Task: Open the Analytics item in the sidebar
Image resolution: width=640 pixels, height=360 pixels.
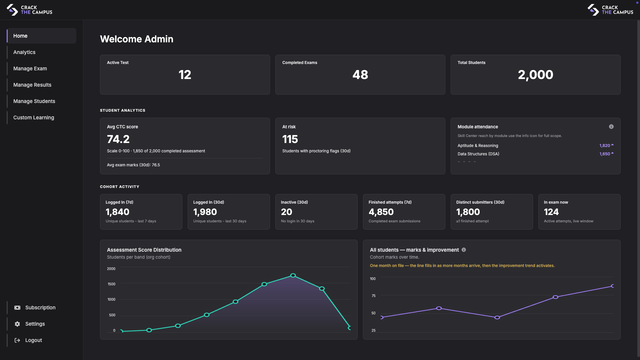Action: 24,52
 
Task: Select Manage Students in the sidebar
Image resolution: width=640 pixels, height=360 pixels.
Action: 34,101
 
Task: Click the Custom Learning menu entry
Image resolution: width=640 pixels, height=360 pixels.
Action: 33,118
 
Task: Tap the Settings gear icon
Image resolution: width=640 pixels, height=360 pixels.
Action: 17,324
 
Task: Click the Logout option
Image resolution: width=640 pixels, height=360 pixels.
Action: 33,340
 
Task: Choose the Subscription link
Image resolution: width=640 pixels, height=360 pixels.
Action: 40,308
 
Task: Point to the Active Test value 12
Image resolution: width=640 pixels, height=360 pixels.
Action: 185,75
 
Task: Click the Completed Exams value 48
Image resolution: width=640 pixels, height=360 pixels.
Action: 360,75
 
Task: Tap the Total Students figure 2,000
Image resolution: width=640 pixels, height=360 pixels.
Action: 535,75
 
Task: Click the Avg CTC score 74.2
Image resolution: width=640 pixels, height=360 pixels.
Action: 118,139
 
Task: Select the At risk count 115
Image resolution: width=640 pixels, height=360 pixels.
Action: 290,139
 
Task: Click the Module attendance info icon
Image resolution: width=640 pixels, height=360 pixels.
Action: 611,127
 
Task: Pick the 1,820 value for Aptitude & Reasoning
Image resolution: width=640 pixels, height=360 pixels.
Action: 604,146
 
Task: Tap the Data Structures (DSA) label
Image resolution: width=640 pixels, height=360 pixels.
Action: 478,154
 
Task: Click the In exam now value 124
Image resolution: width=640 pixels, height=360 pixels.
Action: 551,212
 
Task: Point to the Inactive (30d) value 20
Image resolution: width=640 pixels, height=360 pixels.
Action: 286,212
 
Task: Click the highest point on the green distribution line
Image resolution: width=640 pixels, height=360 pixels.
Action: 293,275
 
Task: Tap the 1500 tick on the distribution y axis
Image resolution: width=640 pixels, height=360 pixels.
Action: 111,284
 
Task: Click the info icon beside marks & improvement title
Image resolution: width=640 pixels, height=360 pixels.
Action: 464,250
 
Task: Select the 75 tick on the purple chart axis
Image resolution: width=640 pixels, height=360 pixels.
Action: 373,296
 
